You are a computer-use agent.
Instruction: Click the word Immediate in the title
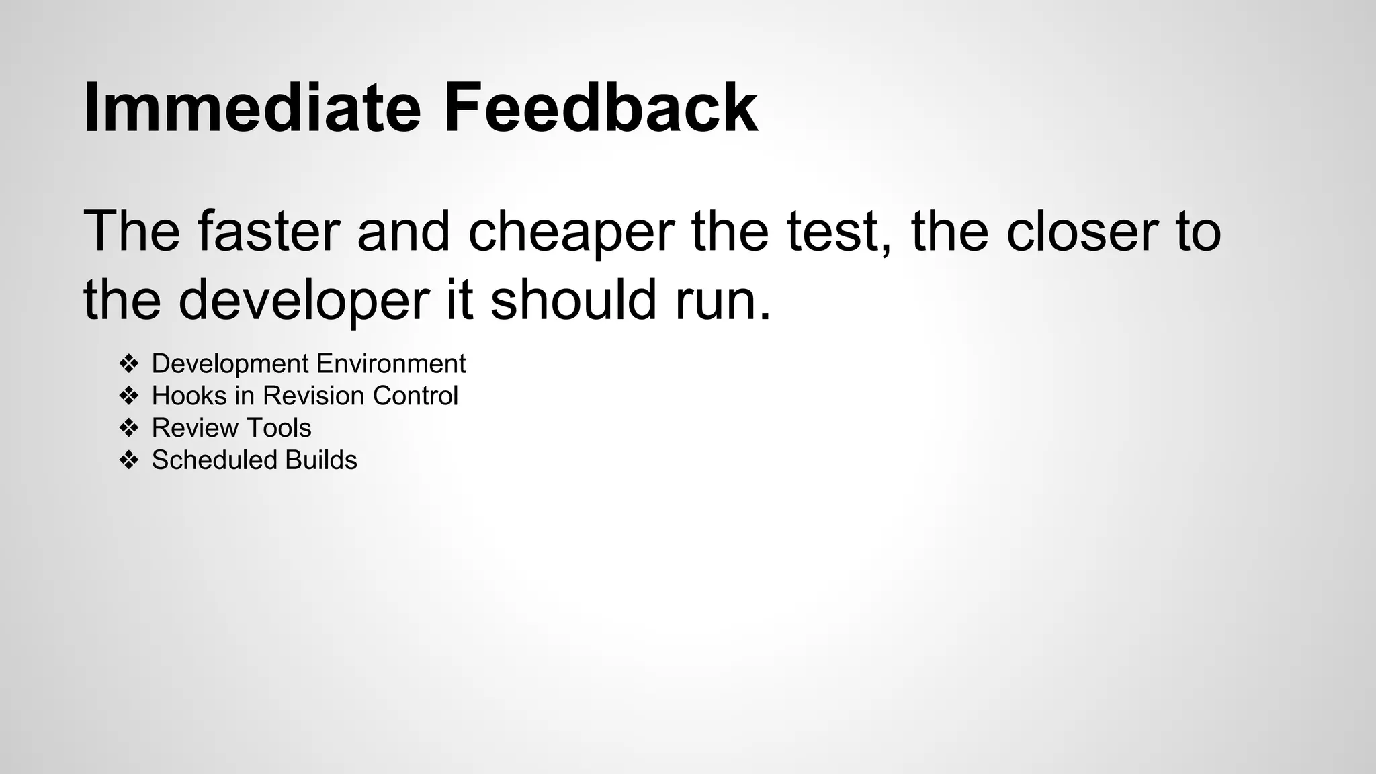coord(252,107)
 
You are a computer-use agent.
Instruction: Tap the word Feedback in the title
coord(600,107)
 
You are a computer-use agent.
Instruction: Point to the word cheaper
coord(570,232)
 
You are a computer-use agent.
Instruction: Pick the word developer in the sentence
coord(304,301)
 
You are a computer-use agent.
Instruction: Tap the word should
coord(573,300)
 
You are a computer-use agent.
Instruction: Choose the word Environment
coord(391,364)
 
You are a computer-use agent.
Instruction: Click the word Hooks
coord(189,396)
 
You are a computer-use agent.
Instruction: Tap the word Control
coord(415,396)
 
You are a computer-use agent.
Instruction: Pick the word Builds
coord(320,460)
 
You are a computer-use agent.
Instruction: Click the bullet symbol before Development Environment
coord(128,364)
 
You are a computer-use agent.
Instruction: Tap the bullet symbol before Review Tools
coord(128,428)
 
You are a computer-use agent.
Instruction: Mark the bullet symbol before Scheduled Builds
coord(128,460)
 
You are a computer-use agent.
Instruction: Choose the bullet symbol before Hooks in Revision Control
coord(128,396)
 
